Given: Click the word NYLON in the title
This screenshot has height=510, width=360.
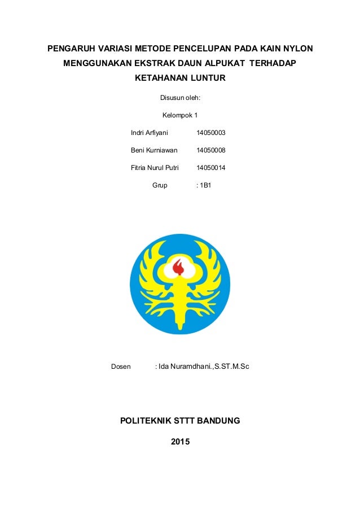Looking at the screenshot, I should (x=298, y=49).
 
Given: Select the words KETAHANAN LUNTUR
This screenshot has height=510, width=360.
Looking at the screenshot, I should (x=180, y=78).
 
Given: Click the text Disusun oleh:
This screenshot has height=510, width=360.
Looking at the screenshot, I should (x=180, y=98).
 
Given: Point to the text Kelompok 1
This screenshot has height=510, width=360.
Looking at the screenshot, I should (x=180, y=116).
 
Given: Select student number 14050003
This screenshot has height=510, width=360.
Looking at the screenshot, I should (x=210, y=133).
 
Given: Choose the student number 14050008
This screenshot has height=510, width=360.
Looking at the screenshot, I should (x=210, y=150).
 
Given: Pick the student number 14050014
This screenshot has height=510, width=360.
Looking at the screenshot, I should (x=210, y=168).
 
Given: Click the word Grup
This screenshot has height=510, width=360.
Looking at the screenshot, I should (x=160, y=185).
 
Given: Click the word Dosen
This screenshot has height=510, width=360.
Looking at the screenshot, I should (x=121, y=367).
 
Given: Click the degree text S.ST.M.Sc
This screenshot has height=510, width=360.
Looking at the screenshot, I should (x=232, y=367).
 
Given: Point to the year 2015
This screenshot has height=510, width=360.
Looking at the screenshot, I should (x=180, y=441).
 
